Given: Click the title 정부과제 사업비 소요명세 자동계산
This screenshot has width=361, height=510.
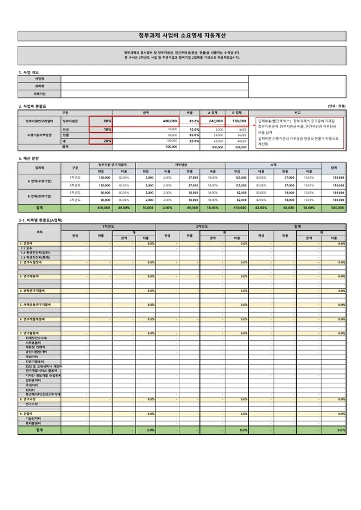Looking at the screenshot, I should (x=180, y=34).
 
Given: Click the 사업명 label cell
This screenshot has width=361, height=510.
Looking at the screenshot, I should (x=39, y=79).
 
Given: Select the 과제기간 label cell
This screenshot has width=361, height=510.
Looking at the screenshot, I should (x=39, y=95).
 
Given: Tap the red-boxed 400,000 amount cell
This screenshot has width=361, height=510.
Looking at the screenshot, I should (x=147, y=120).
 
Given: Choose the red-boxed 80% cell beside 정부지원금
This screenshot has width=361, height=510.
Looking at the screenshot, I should (x=101, y=120).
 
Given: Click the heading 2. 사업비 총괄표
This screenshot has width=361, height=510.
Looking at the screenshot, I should (x=33, y=106).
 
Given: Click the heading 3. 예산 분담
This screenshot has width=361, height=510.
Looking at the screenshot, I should (x=30, y=158).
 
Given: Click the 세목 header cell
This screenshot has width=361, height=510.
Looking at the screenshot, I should (x=39, y=233).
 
